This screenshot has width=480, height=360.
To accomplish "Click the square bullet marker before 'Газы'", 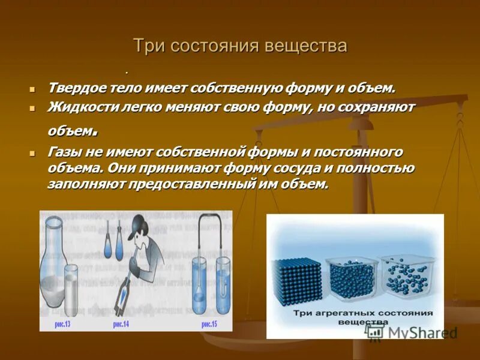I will click(x=34, y=152).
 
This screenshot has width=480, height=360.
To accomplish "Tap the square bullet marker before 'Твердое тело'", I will click(x=34, y=89).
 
